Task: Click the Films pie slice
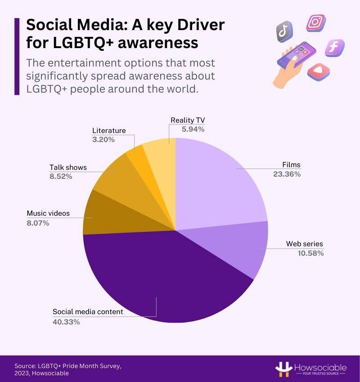[x=216, y=184]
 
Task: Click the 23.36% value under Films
[x=287, y=174]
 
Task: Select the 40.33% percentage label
[x=66, y=321]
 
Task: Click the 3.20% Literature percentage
[x=103, y=139]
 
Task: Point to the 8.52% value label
[x=61, y=176]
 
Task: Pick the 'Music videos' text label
[x=48, y=213]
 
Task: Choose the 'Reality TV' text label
[x=187, y=120]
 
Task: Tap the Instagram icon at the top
[x=315, y=22]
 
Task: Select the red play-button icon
[x=319, y=71]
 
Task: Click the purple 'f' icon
[x=334, y=47]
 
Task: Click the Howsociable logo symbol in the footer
[x=283, y=369]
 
